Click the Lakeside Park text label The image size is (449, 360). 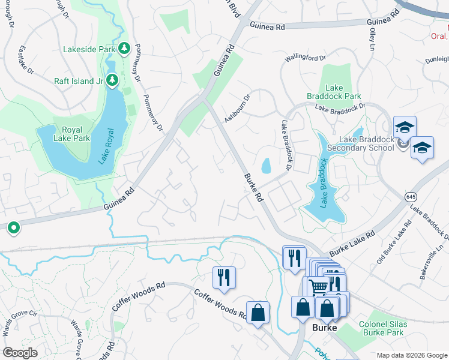click(89, 49)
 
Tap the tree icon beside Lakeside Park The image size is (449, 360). click(124, 48)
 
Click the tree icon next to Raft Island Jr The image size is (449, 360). click(112, 80)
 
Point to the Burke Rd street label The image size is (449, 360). click(255, 188)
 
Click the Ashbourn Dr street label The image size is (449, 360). click(237, 109)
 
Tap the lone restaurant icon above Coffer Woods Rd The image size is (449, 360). click(224, 277)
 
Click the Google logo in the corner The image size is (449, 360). click(20, 353)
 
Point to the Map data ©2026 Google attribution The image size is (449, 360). click(411, 355)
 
